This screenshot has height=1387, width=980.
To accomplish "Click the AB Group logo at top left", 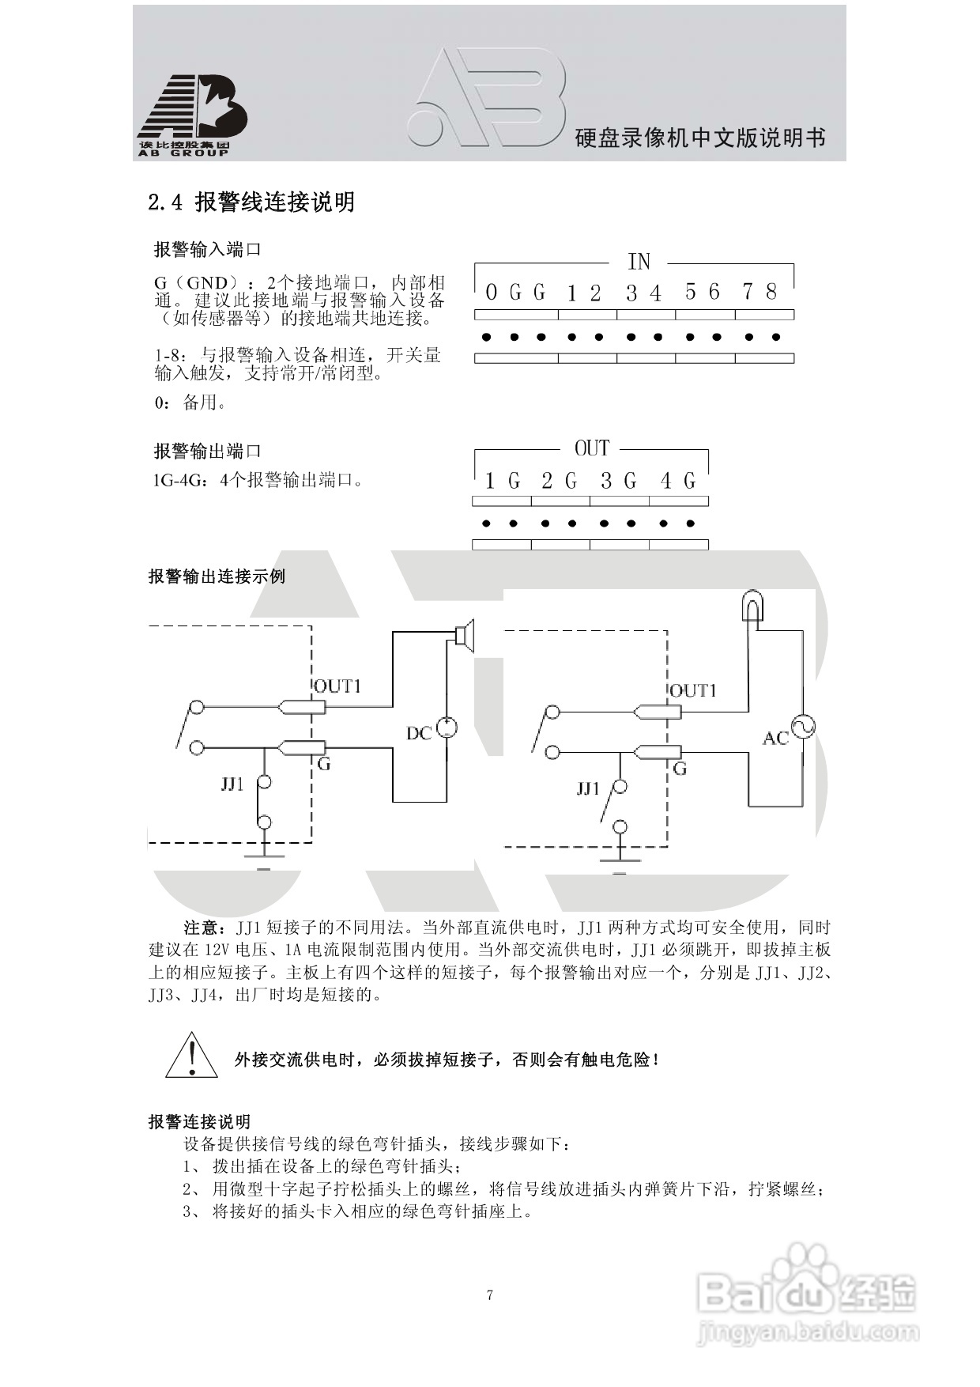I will click(192, 115).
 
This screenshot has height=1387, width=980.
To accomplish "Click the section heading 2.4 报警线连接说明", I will click(251, 202).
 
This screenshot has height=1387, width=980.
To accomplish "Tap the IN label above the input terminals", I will click(639, 261).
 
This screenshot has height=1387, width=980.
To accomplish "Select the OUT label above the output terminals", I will click(592, 448).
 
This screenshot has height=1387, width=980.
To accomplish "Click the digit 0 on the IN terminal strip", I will click(492, 293).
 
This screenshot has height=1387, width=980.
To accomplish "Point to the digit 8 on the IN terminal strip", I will click(771, 292).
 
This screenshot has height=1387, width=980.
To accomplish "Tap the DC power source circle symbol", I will click(447, 728).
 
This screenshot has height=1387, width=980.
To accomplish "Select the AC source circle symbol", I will click(804, 727).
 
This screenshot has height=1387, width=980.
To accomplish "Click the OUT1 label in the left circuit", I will click(337, 686).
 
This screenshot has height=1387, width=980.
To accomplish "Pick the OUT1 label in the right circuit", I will click(693, 690).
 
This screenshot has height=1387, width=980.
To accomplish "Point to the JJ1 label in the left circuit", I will click(232, 784).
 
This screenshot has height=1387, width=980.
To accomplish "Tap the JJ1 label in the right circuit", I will click(588, 788).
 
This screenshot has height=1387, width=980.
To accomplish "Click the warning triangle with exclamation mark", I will click(191, 1056).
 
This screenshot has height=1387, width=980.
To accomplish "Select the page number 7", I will click(490, 1295).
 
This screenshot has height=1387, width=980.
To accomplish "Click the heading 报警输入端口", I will click(207, 250).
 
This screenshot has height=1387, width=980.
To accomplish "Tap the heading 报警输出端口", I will click(207, 452).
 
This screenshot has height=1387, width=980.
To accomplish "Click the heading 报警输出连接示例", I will click(217, 576).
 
